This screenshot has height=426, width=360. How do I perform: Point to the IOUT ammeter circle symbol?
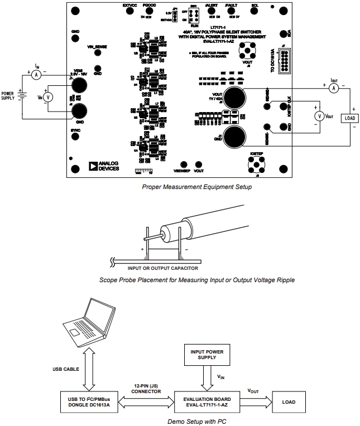point(334,88)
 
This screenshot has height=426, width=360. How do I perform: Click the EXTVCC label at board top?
point(129,5)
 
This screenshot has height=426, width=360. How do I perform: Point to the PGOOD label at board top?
point(149,5)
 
